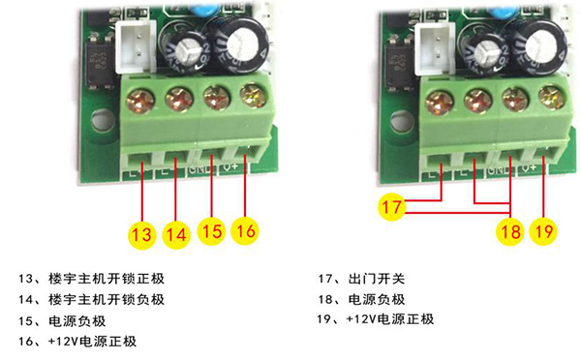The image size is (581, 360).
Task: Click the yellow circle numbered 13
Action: (141, 232)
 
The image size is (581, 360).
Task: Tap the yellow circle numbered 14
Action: (176, 232)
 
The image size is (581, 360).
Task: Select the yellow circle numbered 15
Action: (212, 232)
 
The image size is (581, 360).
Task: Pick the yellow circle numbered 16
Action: (247, 232)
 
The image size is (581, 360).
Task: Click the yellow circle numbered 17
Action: (391, 206)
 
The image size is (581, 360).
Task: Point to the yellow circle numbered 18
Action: (509, 232)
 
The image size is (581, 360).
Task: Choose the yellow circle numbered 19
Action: (545, 232)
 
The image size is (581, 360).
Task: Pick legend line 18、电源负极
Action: (364, 299)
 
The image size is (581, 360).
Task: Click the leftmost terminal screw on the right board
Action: (442, 99)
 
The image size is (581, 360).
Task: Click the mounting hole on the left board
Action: (100, 125)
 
